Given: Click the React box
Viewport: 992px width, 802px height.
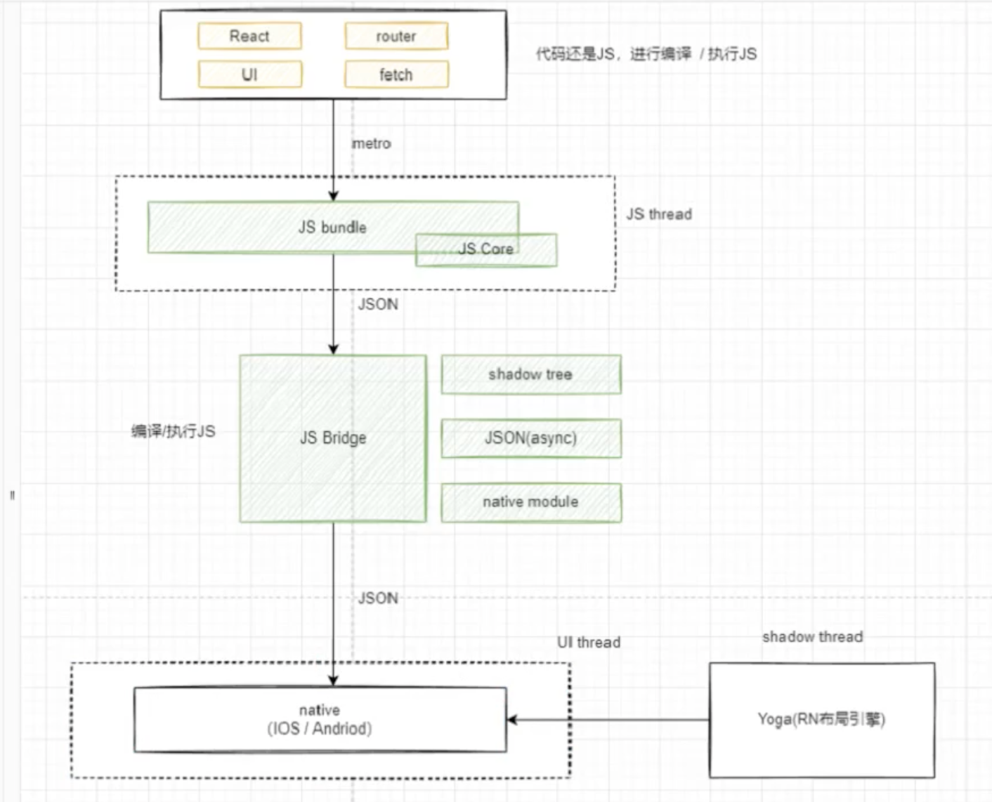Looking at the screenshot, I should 249,36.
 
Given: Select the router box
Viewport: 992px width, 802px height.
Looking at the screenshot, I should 396,36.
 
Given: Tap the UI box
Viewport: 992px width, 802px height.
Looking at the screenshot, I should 249,74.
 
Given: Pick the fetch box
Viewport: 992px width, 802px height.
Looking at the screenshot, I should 396,74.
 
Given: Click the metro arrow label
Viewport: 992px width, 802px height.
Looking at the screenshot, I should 371,143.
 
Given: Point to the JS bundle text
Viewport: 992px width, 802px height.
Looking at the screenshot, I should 332,227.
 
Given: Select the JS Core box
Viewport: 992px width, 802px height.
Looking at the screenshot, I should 486,249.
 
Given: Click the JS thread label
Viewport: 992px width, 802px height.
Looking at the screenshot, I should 659,214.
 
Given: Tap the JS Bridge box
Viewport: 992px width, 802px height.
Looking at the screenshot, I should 333,438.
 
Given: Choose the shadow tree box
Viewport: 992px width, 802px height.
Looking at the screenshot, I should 530,374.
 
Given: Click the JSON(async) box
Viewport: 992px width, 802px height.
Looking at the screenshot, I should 530,438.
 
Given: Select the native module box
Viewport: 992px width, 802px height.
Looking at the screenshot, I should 530,502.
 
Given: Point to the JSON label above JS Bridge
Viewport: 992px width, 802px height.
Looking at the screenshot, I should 378,304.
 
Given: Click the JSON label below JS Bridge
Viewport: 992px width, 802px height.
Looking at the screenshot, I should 378,598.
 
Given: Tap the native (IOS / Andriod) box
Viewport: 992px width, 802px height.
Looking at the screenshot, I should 320,720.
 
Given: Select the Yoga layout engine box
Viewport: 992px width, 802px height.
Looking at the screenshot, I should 821,720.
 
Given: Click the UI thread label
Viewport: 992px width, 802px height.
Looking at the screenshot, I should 589,642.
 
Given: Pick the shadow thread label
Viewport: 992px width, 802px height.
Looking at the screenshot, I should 812,637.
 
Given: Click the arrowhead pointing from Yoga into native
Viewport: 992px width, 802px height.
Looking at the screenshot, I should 512,720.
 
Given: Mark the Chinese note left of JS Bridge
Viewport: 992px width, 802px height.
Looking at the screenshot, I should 173,431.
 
